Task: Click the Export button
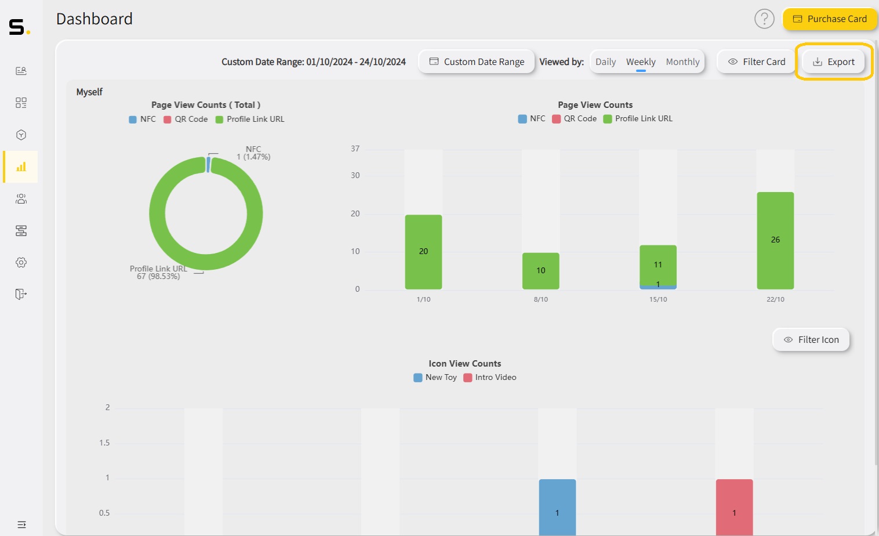(834, 62)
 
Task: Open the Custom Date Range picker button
(477, 62)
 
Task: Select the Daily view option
(605, 62)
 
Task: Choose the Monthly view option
(682, 62)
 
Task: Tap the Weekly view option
(641, 62)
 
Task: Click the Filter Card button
(757, 62)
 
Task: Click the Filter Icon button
(811, 340)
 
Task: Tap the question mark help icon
(764, 19)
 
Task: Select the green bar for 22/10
(775, 240)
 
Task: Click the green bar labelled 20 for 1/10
(423, 252)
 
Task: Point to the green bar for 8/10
(540, 270)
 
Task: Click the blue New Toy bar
(557, 507)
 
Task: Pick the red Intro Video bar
(734, 507)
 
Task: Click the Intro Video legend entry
(490, 378)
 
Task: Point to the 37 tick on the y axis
(355, 149)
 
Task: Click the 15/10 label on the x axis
(658, 299)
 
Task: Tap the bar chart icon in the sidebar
(21, 167)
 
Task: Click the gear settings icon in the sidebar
(21, 263)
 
